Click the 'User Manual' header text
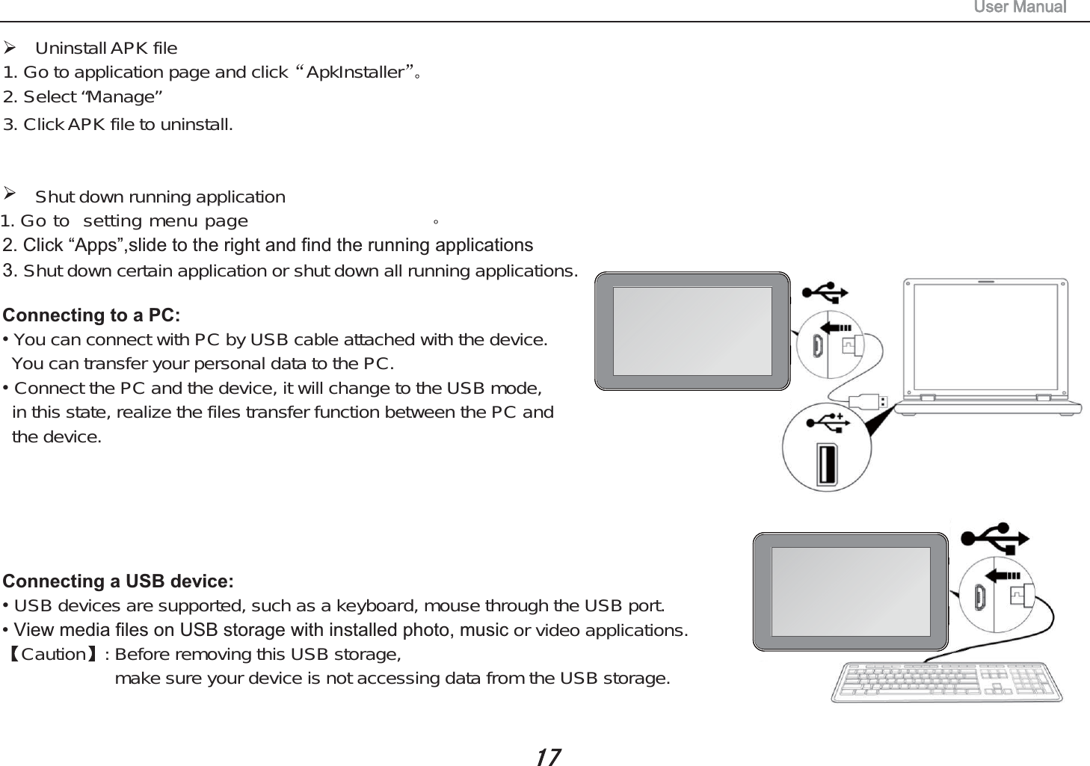tap(1020, 7)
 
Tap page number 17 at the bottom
tap(548, 757)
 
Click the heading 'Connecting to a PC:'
tap(91, 315)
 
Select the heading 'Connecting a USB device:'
tap(118, 581)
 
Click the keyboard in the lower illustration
tap(947, 682)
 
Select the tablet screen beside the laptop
tap(692, 330)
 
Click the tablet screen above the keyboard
tap(851, 591)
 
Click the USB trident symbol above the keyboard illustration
tap(995, 538)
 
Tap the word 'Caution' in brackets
tap(54, 655)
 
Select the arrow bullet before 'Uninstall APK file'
tap(10, 48)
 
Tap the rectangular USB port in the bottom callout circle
tap(826, 465)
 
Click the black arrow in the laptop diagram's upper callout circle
tap(836, 327)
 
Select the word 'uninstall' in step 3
tap(196, 125)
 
